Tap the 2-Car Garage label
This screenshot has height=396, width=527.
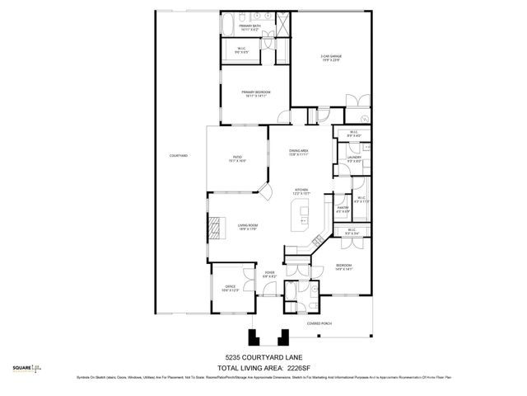click(x=331, y=58)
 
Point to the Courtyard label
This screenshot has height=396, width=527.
click(x=179, y=156)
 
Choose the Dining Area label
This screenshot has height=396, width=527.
click(x=298, y=152)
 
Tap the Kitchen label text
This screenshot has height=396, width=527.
click(x=301, y=191)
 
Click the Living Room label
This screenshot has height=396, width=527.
click(x=249, y=228)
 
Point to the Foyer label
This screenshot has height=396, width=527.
click(x=268, y=274)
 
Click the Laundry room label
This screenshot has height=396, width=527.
click(x=354, y=158)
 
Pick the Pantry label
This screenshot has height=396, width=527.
click(x=343, y=210)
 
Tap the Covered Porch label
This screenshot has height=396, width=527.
click(x=319, y=323)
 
